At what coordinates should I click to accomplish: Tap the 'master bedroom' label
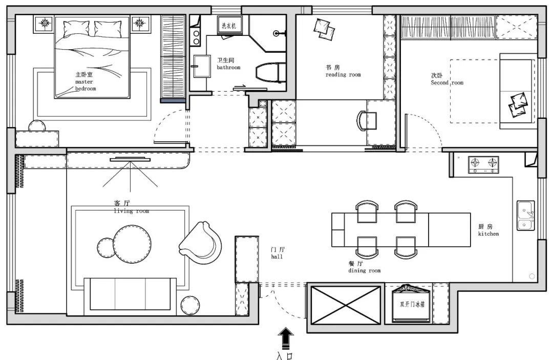point(85,85)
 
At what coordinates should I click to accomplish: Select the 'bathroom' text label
point(228,68)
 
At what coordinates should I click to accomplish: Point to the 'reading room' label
point(343,75)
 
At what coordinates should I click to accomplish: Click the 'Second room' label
point(447,83)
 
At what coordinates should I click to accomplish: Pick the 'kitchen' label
point(488,234)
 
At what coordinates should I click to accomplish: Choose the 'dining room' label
point(365,271)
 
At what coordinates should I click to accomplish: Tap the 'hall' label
point(277,257)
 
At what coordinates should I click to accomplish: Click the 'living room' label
point(131,211)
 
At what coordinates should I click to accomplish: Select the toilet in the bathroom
point(269,73)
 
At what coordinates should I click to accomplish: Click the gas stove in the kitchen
point(483,165)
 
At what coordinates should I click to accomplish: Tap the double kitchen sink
point(526,216)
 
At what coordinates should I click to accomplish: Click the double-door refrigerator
point(412,304)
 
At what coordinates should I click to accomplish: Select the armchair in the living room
point(201,242)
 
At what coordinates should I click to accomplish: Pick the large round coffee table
point(132,244)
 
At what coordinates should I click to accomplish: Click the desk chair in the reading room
point(367,120)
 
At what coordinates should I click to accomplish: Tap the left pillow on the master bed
point(76,29)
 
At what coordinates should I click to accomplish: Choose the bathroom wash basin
point(202,66)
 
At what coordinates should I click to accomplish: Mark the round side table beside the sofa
point(190,305)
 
